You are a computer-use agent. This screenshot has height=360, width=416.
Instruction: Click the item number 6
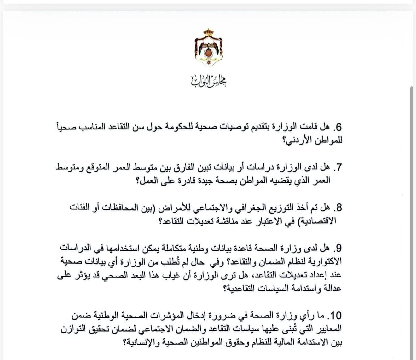(338, 127)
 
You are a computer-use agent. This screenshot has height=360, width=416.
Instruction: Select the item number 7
(338, 168)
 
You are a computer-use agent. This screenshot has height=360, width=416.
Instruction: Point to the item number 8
(338, 208)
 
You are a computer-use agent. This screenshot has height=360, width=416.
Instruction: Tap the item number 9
(338, 249)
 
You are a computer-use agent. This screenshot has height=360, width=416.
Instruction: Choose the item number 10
(336, 316)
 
